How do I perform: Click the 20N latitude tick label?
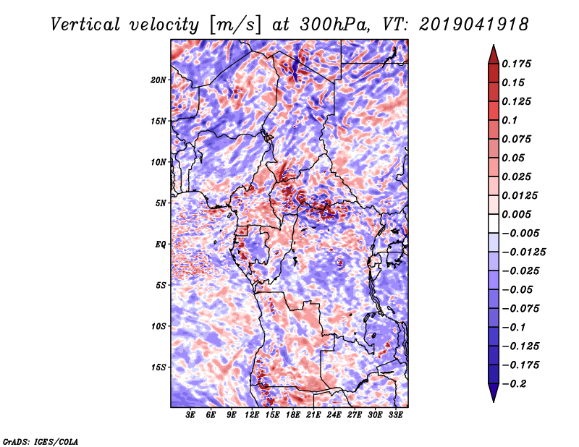pyautogui.click(x=159, y=80)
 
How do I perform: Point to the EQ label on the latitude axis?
pyautogui.click(x=161, y=244)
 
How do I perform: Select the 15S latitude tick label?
pyautogui.click(x=159, y=367)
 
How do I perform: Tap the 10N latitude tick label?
pyautogui.click(x=159, y=162)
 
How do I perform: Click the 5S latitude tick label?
pyautogui.click(x=161, y=285)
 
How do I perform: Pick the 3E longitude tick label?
pyautogui.click(x=191, y=416)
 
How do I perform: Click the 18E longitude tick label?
pyautogui.click(x=293, y=416)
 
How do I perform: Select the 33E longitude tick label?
pyautogui.click(x=395, y=416)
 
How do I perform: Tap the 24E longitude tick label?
pyautogui.click(x=334, y=416)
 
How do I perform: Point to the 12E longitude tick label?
pyautogui.click(x=252, y=416)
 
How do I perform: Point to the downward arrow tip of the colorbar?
pyautogui.click(x=492, y=401)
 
